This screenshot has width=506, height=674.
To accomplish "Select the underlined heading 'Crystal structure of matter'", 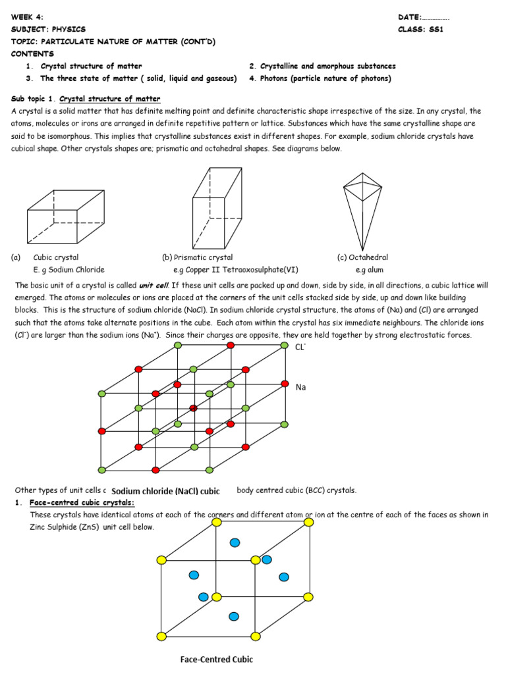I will pyautogui.click(x=109, y=99).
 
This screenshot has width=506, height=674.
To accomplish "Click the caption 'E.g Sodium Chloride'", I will pyautogui.click(x=69, y=270).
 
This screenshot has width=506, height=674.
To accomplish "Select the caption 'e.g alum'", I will pyautogui.click(x=369, y=270).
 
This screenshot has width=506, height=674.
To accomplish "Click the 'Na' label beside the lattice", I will pyautogui.click(x=301, y=388).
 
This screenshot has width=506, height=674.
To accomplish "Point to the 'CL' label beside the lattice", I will pyautogui.click(x=300, y=348).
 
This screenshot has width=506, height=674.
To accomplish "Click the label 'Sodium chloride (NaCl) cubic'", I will pyautogui.click(x=165, y=491).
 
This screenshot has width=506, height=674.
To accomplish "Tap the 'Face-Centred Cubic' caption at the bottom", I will pyautogui.click(x=217, y=659).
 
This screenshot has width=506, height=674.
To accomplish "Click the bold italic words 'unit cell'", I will pyautogui.click(x=154, y=286).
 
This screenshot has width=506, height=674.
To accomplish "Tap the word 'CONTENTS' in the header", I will pyautogui.click(x=32, y=54).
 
